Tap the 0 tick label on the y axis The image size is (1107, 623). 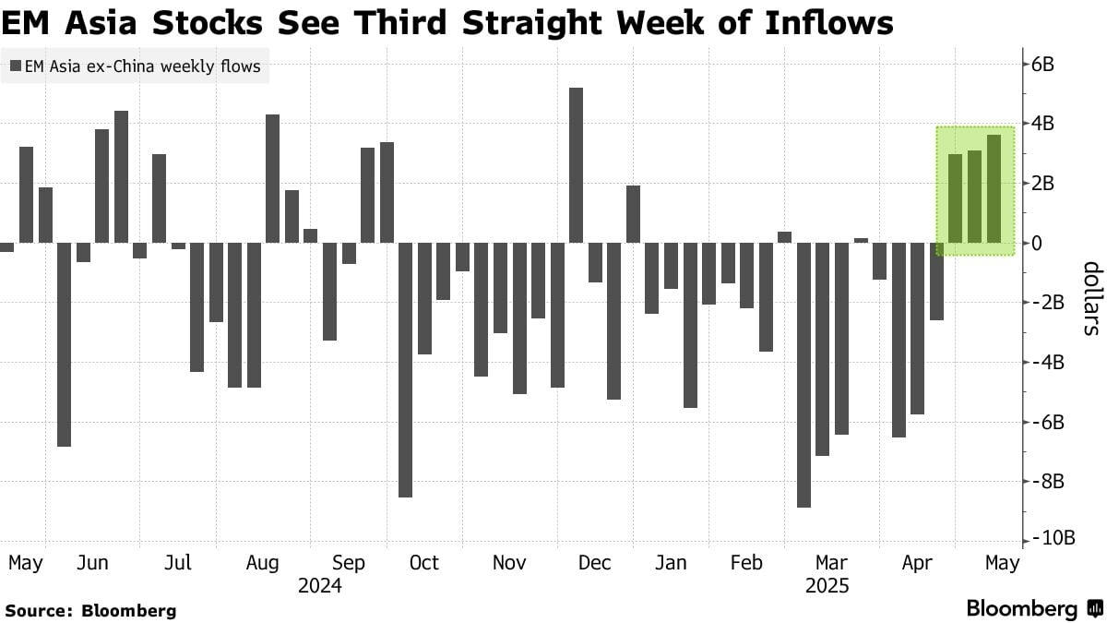(x=1037, y=244)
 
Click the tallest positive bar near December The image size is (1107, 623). (x=576, y=166)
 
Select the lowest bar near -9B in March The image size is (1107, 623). (x=803, y=374)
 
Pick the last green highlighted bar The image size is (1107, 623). (x=994, y=189)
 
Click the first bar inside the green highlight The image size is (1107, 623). (x=956, y=198)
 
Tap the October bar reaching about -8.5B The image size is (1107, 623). (x=405, y=369)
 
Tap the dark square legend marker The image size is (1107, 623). (x=15, y=66)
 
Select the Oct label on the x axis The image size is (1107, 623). (x=423, y=563)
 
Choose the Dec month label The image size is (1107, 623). (x=595, y=563)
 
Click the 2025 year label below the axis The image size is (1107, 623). (x=827, y=586)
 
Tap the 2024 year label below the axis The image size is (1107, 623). (x=320, y=586)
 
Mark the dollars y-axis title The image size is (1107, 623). (x=1090, y=298)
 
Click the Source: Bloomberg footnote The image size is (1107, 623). (x=89, y=610)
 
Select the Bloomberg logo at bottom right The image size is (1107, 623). (x=1033, y=609)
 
